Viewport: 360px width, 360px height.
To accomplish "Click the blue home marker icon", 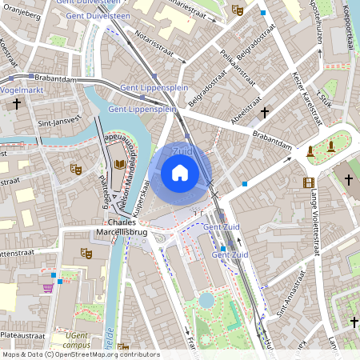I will [180, 172].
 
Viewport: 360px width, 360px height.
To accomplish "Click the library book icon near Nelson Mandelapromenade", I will [120, 165].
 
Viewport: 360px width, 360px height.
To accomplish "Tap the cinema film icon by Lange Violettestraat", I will [309, 182].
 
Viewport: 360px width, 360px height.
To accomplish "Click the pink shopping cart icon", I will [48, 287].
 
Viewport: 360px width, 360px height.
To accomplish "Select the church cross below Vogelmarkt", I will [16, 105].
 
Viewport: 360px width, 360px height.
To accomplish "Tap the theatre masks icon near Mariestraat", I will [236, 10].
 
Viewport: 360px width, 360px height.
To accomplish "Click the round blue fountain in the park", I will [206, 300].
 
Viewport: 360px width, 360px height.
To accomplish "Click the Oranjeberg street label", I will [19, 17].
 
